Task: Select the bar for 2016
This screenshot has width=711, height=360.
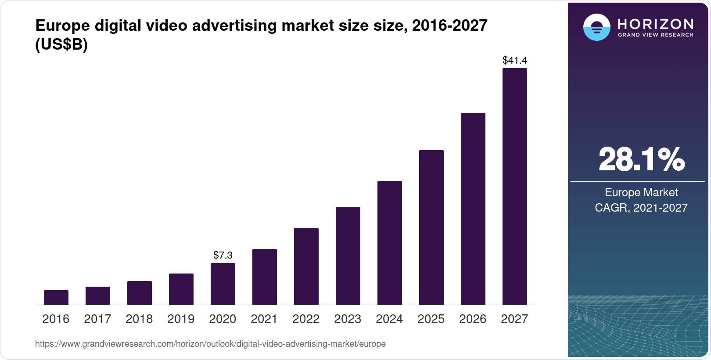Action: pyautogui.click(x=56, y=298)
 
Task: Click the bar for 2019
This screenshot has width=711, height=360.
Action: pyautogui.click(x=181, y=289)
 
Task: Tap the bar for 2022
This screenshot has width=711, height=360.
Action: pyautogui.click(x=306, y=266)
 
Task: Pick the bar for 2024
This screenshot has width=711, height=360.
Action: pyautogui.click(x=390, y=243)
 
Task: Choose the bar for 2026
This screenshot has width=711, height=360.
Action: pyautogui.click(x=473, y=209)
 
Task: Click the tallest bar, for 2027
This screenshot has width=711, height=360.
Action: pyautogui.click(x=515, y=187)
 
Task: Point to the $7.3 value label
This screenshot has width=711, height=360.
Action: pyautogui.click(x=223, y=255)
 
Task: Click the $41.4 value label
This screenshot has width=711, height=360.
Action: pyautogui.click(x=515, y=60)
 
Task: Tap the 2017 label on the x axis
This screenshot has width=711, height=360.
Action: pyautogui.click(x=97, y=319)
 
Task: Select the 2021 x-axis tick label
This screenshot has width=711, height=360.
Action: pyautogui.click(x=264, y=319)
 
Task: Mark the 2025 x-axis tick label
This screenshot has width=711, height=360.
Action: pyautogui.click(x=431, y=319)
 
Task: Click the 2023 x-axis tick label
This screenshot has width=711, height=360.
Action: pyautogui.click(x=348, y=319)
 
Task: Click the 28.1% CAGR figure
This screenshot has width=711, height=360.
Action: pyautogui.click(x=641, y=159)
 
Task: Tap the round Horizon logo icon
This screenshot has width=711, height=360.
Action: pyautogui.click(x=596, y=27)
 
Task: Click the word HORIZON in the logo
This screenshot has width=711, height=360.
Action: pyautogui.click(x=655, y=24)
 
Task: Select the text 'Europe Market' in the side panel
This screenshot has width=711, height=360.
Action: pyautogui.click(x=641, y=192)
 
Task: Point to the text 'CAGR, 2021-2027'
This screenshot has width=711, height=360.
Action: pyautogui.click(x=641, y=208)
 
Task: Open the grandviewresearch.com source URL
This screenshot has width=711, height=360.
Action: pyautogui.click(x=210, y=344)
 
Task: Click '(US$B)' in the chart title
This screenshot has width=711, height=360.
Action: pyautogui.click(x=61, y=45)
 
